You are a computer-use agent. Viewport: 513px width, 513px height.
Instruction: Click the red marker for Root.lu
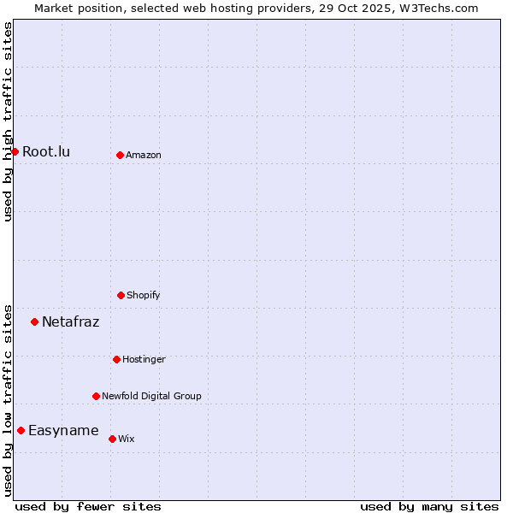(x=15, y=152)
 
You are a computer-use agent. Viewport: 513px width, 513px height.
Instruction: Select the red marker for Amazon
(x=120, y=155)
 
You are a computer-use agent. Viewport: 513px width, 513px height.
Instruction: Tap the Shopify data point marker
(x=121, y=295)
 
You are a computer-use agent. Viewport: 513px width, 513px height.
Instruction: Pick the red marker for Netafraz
(x=34, y=322)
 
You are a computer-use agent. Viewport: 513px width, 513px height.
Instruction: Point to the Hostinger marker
(x=116, y=359)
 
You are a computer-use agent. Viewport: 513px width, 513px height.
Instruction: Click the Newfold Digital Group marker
(x=96, y=396)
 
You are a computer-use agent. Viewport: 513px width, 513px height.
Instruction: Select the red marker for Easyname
(x=21, y=431)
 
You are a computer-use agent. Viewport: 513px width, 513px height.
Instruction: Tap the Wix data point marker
(x=112, y=439)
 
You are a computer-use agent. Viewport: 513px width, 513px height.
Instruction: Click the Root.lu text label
(x=46, y=152)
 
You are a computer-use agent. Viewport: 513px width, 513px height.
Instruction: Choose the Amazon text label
(x=144, y=155)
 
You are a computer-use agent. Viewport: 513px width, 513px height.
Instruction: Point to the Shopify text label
(x=144, y=295)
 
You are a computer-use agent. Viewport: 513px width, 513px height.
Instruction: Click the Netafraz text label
(x=70, y=322)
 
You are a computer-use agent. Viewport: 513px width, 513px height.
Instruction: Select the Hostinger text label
(x=144, y=359)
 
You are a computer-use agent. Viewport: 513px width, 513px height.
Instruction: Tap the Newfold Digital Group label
(x=151, y=396)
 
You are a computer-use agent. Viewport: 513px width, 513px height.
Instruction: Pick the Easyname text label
(x=63, y=431)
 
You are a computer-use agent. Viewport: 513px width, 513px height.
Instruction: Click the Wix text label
(x=127, y=439)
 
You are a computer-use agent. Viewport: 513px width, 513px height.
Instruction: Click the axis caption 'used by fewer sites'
(x=88, y=506)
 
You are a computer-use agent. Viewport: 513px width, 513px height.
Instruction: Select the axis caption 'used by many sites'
(x=429, y=506)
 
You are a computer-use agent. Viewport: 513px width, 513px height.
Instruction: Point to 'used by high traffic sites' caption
(x=8, y=121)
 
